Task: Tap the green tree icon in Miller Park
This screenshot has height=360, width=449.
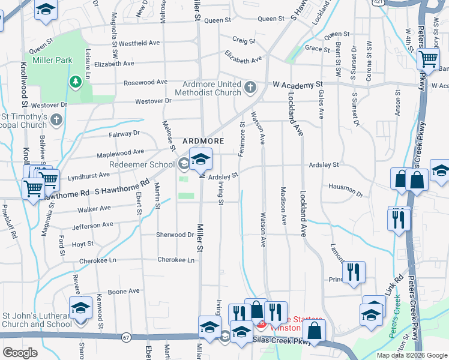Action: click(75, 81)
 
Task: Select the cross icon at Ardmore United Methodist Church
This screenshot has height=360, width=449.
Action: click(250, 88)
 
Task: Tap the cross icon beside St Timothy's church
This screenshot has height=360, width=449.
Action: click(57, 119)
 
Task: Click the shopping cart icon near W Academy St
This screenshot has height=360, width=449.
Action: click(427, 59)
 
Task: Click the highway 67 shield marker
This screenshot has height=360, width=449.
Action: click(125, 338)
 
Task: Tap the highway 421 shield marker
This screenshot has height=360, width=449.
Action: click(377, 3)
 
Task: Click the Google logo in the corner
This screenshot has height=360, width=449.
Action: click(19, 352)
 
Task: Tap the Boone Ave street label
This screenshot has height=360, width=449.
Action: click(124, 292)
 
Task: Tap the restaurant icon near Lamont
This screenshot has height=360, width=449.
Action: click(355, 272)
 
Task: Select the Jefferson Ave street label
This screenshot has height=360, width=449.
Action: click(92, 226)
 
